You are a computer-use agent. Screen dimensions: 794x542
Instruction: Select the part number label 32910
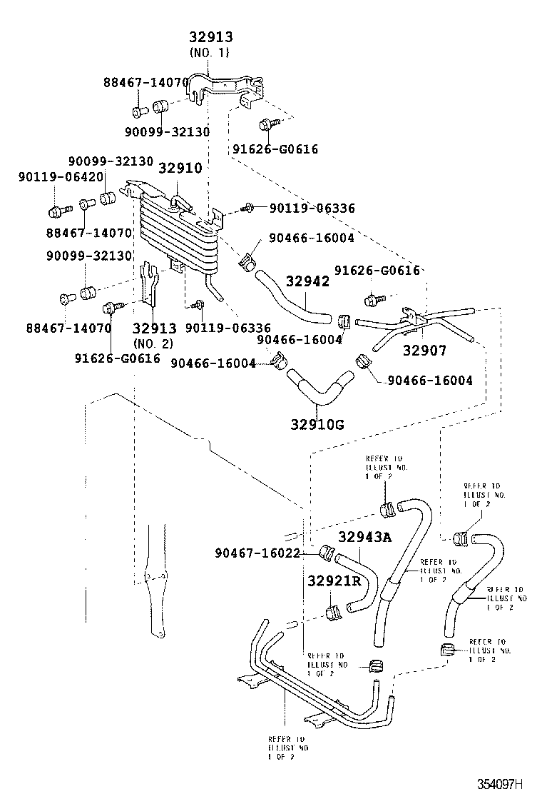point(180,169)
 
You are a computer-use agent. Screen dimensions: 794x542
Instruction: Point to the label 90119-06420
point(51,177)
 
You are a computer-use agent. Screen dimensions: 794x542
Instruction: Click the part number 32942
point(308,281)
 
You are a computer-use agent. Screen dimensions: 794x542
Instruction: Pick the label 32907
point(424,351)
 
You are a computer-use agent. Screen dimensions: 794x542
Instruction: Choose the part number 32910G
point(317,425)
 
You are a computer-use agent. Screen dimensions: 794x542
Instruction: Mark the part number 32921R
point(334,581)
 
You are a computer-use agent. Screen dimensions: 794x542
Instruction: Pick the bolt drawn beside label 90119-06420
point(57,211)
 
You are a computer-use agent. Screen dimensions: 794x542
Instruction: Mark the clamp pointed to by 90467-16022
point(328,553)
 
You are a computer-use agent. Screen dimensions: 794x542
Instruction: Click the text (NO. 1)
point(211,53)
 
